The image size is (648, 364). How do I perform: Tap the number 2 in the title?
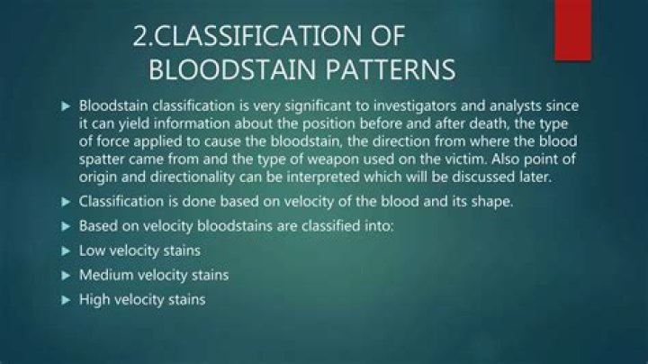(141, 37)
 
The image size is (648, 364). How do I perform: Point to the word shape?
(492, 201)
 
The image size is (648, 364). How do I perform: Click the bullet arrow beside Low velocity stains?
(65, 250)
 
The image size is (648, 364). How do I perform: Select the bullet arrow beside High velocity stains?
(65, 298)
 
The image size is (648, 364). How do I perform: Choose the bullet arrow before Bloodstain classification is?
(65, 106)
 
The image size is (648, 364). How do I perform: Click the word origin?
(99, 177)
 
